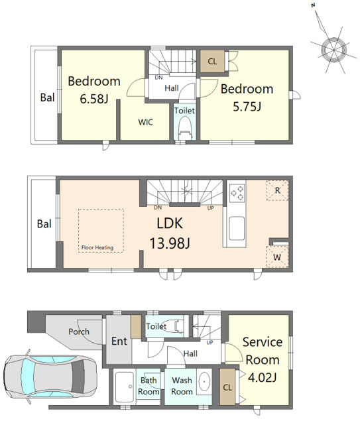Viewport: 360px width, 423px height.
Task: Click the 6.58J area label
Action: click(x=94, y=99)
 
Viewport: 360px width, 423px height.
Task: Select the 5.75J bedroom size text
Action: click(x=247, y=107)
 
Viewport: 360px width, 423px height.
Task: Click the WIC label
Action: click(x=146, y=122)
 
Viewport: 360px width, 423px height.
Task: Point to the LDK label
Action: click(x=170, y=223)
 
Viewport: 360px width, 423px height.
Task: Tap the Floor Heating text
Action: click(x=97, y=247)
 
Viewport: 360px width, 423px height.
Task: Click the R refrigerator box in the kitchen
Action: click(x=278, y=190)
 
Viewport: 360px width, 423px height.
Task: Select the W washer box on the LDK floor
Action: click(x=277, y=257)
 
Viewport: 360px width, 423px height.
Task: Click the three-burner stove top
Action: click(x=237, y=193)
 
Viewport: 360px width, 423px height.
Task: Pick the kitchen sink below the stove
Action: click(x=237, y=229)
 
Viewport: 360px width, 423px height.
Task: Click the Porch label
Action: click(x=79, y=332)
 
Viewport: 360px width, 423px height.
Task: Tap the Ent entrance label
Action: click(x=119, y=341)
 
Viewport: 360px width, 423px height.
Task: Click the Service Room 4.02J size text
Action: click(x=262, y=377)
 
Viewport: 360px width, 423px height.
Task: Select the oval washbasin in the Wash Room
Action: click(x=204, y=382)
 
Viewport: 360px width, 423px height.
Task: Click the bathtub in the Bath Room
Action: click(x=125, y=387)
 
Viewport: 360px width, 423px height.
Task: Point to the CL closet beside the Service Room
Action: click(x=227, y=387)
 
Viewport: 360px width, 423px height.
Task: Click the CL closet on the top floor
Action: click(x=213, y=62)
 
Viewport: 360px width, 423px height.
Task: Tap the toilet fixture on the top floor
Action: click(x=185, y=127)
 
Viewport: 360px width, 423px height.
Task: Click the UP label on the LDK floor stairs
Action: click(x=211, y=208)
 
